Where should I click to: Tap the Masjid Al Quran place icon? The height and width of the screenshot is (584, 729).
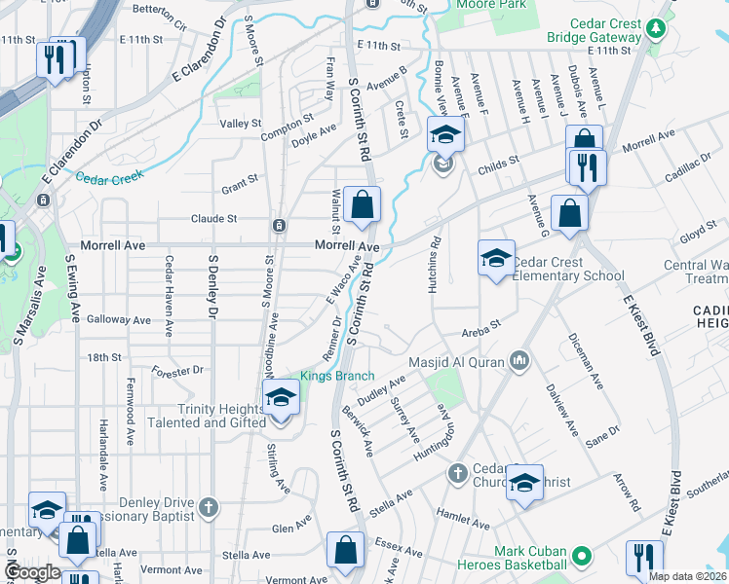[518, 362]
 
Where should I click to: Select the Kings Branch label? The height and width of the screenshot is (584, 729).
[337, 376]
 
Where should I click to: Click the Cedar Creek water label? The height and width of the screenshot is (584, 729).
[109, 176]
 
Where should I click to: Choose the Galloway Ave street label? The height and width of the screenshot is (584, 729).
[119, 319]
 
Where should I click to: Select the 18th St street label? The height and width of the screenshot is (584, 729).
[103, 358]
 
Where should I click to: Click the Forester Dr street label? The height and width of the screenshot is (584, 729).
[177, 370]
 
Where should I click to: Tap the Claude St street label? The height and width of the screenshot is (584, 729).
[214, 219]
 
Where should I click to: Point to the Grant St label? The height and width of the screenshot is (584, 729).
[239, 180]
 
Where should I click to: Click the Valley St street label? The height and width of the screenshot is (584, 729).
[241, 124]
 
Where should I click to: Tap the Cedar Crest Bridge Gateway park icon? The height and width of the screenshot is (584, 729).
[657, 27]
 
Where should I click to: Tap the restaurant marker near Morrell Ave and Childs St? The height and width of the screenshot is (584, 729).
[587, 167]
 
